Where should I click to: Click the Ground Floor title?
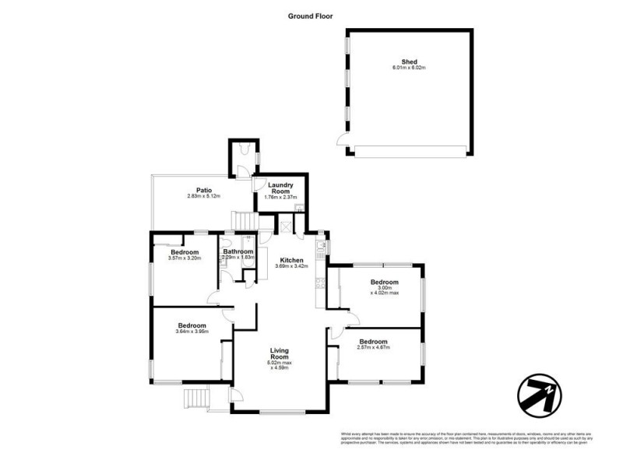point(311,15)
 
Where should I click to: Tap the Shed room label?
point(409,61)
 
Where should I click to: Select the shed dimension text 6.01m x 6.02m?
point(409,68)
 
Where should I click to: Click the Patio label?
point(204,189)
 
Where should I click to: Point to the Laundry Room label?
point(279,188)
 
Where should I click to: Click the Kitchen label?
point(291,259)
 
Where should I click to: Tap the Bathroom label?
point(238,251)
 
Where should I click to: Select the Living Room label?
point(280,354)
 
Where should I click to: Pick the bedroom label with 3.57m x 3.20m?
point(185,252)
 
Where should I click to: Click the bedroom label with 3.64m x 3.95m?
point(192,325)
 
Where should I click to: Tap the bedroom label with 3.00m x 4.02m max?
point(384,282)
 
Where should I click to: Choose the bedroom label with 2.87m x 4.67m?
point(374,341)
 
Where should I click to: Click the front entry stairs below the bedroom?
point(195,398)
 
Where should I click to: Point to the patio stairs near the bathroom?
point(245,222)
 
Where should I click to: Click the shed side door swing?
point(341,140)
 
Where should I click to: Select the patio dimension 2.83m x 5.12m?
point(204,196)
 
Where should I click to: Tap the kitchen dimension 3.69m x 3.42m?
point(291,266)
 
